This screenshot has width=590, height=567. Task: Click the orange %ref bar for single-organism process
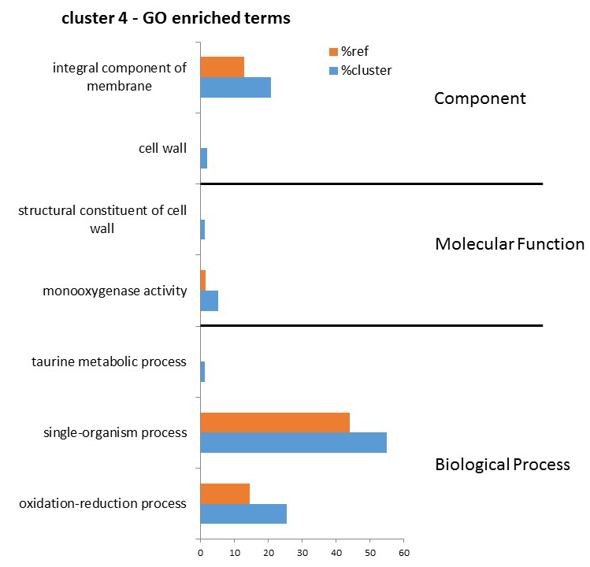tap(275, 423)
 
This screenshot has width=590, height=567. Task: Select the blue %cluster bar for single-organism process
tap(294, 443)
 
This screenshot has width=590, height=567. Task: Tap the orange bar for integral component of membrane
tap(222, 67)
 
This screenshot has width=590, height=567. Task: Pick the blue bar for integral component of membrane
tap(236, 87)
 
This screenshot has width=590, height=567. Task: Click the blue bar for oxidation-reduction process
tap(243, 513)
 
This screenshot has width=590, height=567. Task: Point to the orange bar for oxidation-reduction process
tap(225, 494)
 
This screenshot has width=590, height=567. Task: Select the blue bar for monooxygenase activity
tap(210, 301)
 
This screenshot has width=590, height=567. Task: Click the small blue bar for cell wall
tap(203, 158)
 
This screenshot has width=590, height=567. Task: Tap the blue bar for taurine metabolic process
tap(202, 372)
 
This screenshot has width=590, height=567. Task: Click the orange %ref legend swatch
tap(333, 51)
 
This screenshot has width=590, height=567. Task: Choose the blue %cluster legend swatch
tap(333, 70)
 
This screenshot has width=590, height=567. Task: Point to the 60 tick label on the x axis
tap(404, 553)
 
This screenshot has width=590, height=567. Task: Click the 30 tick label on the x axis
tap(302, 553)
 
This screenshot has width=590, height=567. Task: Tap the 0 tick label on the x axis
tap(201, 553)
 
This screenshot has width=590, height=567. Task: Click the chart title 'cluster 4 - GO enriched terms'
tap(176, 18)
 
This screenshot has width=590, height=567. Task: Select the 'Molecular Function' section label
tap(510, 244)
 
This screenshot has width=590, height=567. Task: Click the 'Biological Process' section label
tap(503, 465)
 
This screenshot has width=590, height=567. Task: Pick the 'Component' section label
tap(481, 98)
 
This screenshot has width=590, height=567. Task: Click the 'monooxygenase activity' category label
tap(115, 291)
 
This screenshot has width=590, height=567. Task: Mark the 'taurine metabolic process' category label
tap(109, 362)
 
